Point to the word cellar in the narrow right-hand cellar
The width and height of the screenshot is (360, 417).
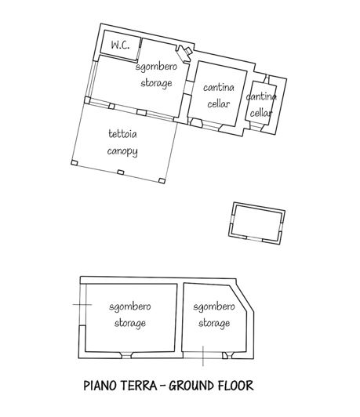click(x=261, y=112)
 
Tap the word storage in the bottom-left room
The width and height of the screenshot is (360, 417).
click(x=130, y=321)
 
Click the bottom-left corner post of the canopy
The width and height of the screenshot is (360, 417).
click(x=74, y=163)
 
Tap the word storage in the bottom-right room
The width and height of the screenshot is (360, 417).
click(x=213, y=321)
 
